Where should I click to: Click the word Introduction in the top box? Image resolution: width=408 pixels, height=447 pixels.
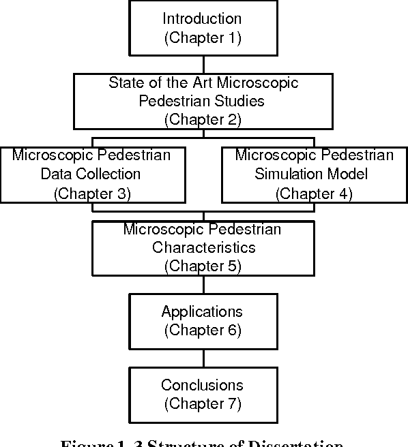202,18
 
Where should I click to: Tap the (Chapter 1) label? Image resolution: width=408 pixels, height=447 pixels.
202,37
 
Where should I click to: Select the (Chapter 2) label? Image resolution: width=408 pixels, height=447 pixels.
202,119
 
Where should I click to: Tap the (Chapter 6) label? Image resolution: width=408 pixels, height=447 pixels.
202,330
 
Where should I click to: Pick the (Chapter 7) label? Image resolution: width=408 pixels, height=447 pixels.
202,403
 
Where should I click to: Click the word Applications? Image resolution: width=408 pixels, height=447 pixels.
202,312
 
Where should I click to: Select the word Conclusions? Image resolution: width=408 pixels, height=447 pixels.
202,385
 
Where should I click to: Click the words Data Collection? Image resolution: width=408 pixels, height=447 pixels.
91,174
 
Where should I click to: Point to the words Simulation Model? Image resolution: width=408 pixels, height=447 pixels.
314,174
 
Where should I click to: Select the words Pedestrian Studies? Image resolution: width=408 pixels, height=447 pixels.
202,101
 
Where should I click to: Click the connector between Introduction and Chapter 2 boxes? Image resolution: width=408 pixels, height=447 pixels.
202,64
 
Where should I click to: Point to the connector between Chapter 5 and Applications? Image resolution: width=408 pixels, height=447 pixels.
202,285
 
